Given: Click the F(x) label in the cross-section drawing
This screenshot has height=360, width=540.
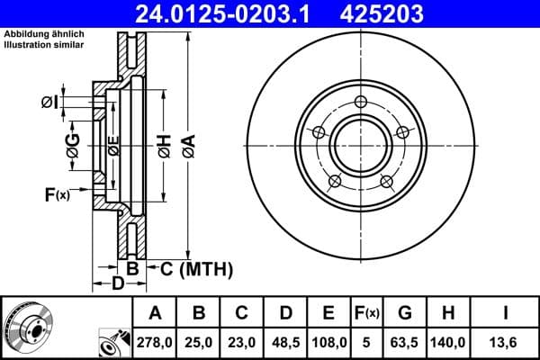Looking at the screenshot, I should [56, 194].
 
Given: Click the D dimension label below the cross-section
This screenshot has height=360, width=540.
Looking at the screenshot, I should [118, 284].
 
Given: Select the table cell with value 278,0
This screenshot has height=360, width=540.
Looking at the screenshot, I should [155, 342].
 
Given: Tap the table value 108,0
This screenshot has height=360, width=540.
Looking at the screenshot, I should [328, 342].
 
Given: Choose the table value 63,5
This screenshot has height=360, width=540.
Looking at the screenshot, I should [404, 342].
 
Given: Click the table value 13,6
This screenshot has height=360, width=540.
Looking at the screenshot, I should [507, 342].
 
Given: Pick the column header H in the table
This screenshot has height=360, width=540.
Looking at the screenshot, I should [448, 313].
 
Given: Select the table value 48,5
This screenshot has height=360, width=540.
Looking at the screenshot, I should [285, 342].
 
